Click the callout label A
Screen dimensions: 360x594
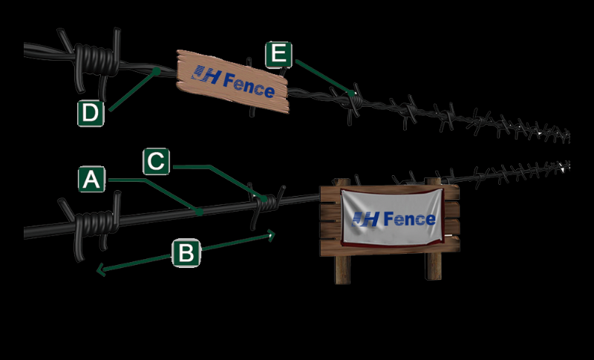91,180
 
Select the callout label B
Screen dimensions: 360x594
186,253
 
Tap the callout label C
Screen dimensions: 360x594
156,161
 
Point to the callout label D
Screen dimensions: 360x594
90,114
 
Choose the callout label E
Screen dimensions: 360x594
278,54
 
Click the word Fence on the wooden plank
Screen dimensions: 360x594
249,84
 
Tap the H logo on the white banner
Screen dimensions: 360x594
366,218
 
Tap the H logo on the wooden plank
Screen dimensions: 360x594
205,74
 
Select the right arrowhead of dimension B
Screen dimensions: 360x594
272,235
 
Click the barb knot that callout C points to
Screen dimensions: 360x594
268,200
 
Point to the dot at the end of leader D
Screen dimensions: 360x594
157,71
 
